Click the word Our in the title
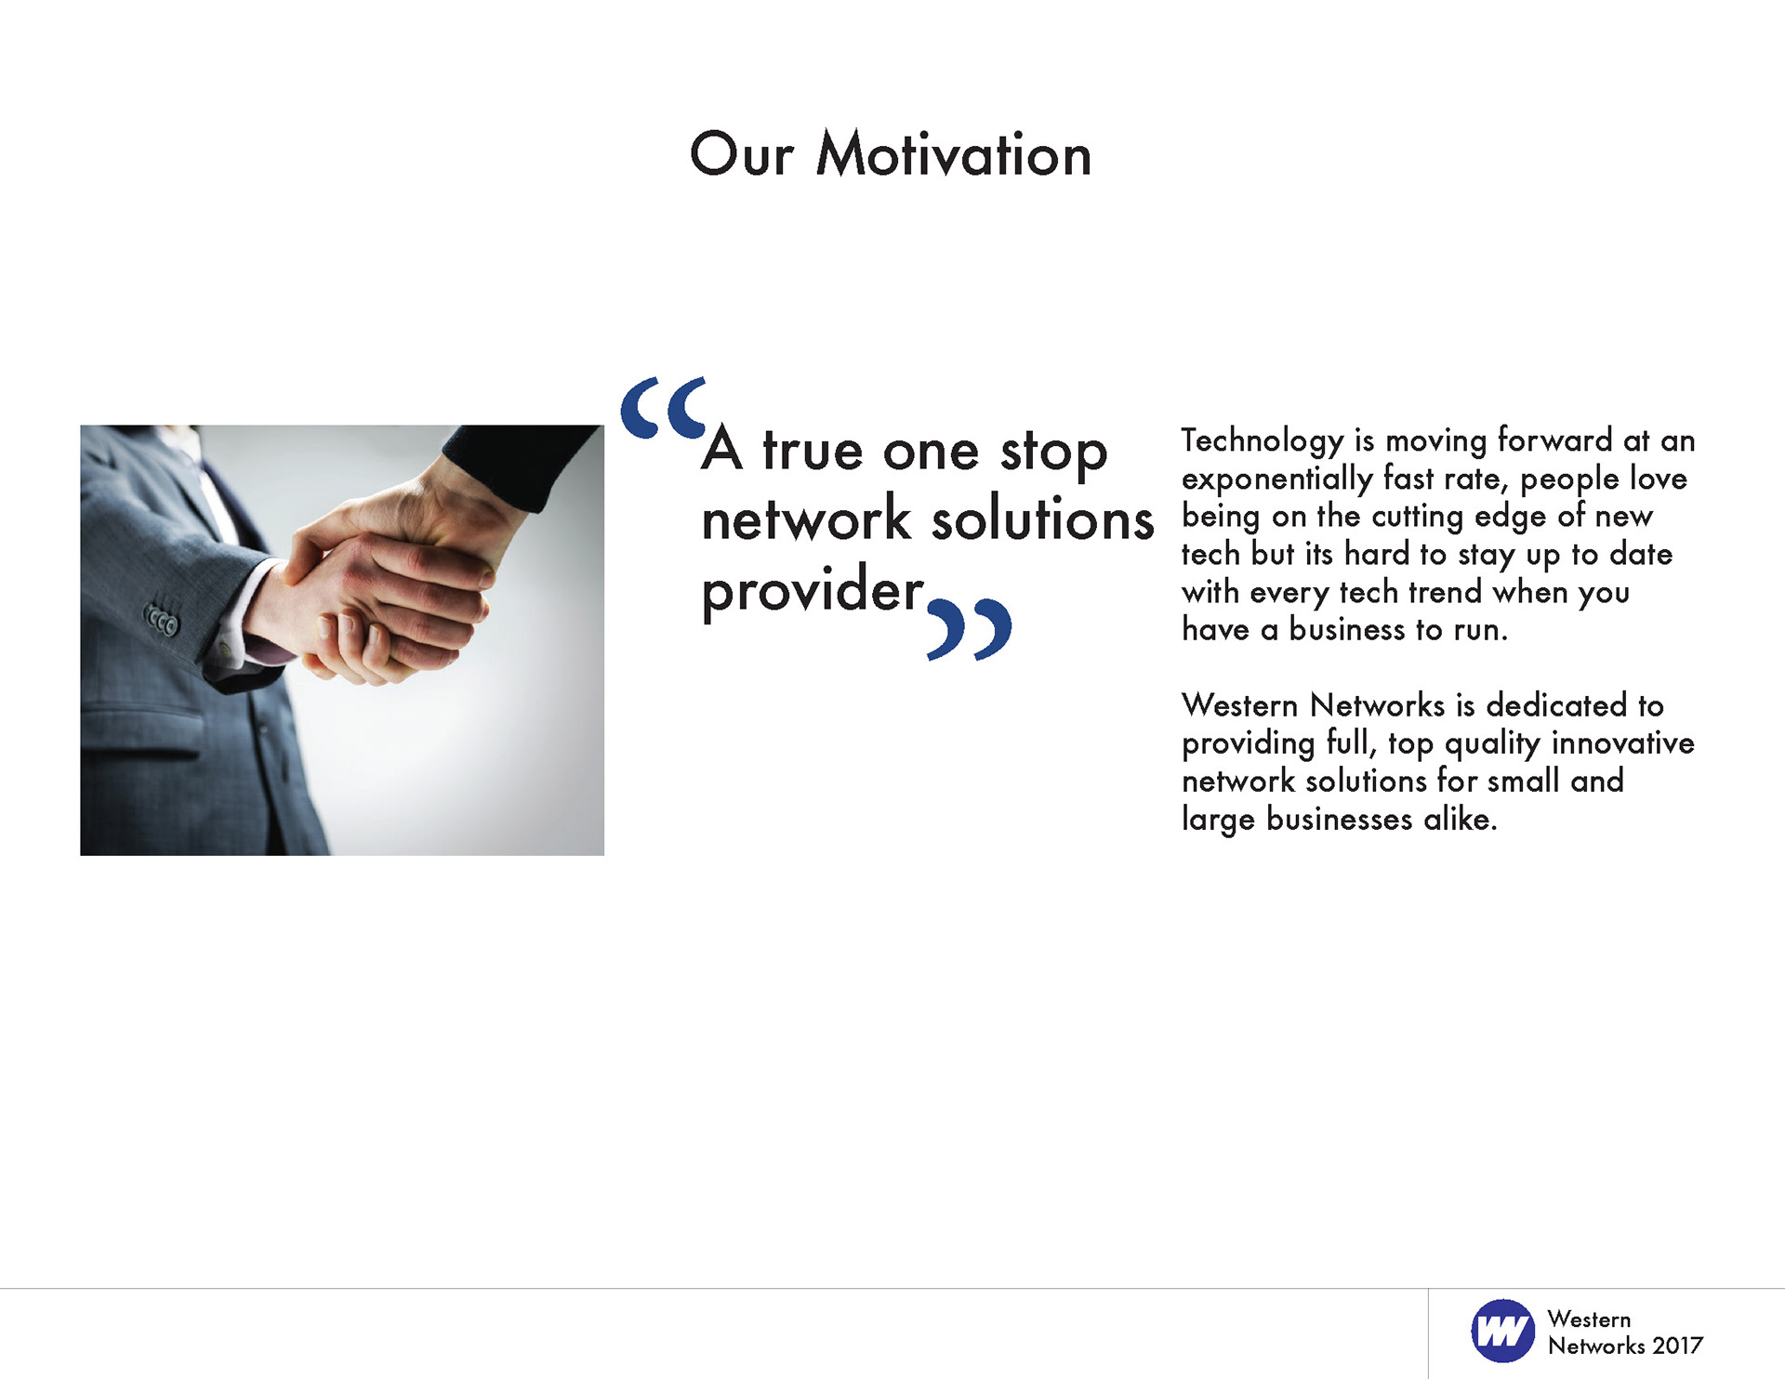(742, 154)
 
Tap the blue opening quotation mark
(664, 407)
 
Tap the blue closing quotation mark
(970, 629)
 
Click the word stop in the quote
(1054, 453)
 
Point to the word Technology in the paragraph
(1263, 441)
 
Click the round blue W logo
(1502, 1331)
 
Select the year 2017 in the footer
(1678, 1346)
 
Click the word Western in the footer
(1589, 1320)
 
